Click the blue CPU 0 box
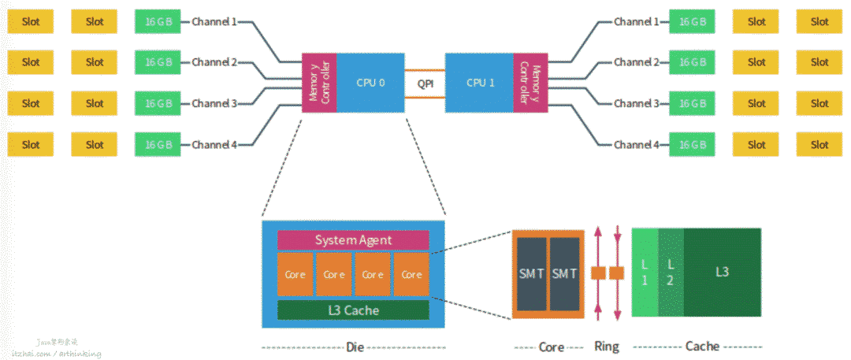pyautogui.click(x=371, y=82)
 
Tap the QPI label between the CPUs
pyautogui.click(x=425, y=82)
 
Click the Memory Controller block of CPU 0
pyautogui.click(x=320, y=83)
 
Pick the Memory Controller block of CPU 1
pyautogui.click(x=530, y=83)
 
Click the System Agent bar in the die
pyautogui.click(x=353, y=240)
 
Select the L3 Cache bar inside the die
pyautogui.click(x=353, y=310)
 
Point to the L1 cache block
pyautogui.click(x=645, y=273)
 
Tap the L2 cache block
pyautogui.click(x=671, y=273)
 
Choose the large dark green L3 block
pyautogui.click(x=722, y=273)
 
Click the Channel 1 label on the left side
pyautogui.click(x=214, y=22)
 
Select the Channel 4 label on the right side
pyautogui.click(x=636, y=145)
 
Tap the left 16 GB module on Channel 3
pyautogui.click(x=158, y=103)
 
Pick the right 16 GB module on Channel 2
pyautogui.click(x=693, y=62)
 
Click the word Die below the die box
pyautogui.click(x=354, y=347)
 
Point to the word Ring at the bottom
pyautogui.click(x=606, y=347)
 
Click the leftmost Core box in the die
pyautogui.click(x=295, y=275)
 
